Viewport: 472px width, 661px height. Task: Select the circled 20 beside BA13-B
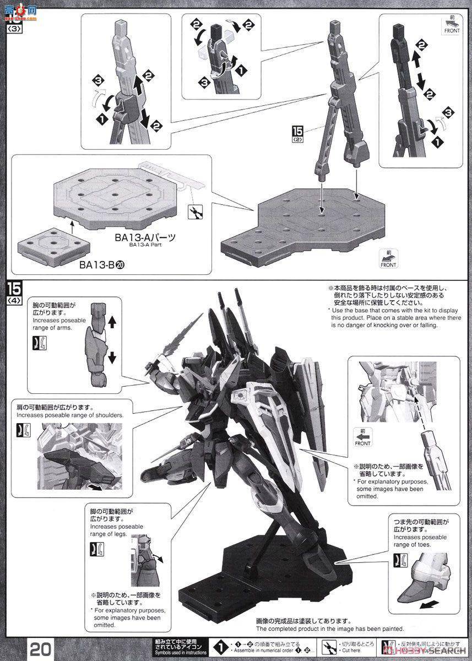pyautogui.click(x=120, y=264)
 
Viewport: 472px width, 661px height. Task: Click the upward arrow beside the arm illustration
pyautogui.click(x=112, y=320)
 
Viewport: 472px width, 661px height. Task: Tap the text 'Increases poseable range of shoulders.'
pyautogui.click(x=70, y=415)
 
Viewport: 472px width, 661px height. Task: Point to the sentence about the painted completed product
pyautogui.click(x=330, y=629)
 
